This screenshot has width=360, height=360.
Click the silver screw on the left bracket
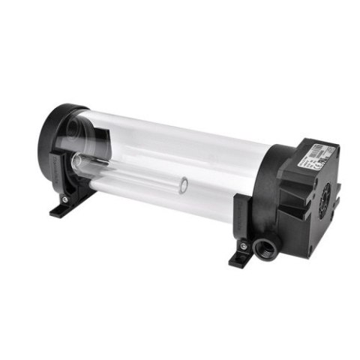[65, 200]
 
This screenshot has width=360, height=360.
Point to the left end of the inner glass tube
[81, 160]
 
